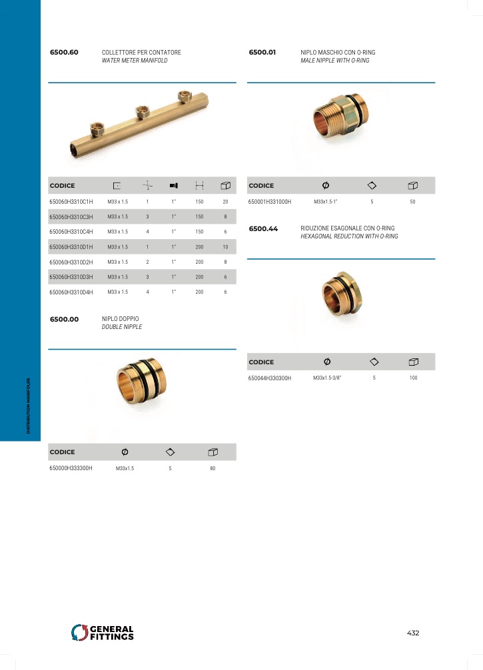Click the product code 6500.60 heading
point(64,52)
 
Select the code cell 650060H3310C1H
point(71,202)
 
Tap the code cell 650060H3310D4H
point(71,292)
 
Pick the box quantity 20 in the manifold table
point(225,202)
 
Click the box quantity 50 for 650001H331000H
point(412,202)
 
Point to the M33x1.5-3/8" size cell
point(327,378)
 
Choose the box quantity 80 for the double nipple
point(213,468)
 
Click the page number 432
point(413,633)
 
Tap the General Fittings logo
point(102,633)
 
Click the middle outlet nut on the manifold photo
point(143,112)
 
